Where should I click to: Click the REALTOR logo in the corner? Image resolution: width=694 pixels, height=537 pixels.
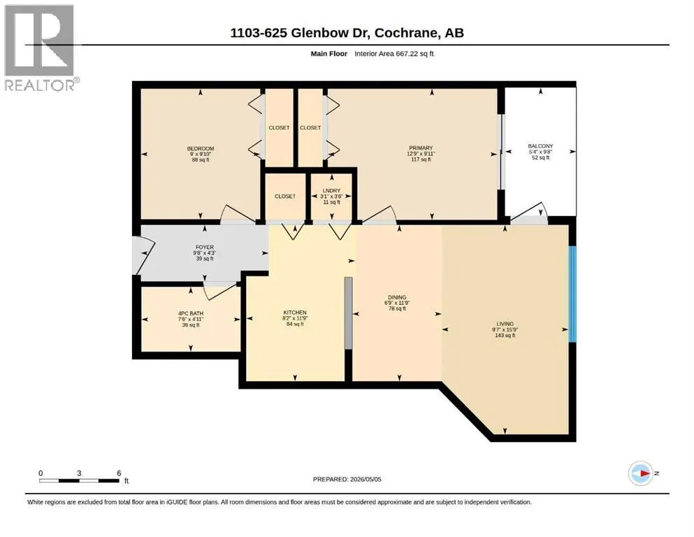(x=41, y=48)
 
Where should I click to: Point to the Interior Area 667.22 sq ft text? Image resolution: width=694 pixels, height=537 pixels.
(x=394, y=54)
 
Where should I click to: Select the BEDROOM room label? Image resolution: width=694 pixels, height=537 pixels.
(x=201, y=148)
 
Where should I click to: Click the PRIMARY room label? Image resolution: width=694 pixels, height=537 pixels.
(x=421, y=148)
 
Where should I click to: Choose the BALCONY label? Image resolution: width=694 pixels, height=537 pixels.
(x=540, y=146)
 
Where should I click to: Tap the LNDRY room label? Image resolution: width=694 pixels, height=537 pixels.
(x=331, y=190)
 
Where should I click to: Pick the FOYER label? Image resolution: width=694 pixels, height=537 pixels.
(x=205, y=247)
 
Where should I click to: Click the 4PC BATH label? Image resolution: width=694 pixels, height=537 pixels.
(x=191, y=313)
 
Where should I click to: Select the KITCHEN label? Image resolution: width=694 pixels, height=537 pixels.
(x=295, y=313)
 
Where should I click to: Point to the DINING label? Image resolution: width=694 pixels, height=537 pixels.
(x=397, y=297)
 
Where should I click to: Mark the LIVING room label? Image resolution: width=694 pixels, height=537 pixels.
(x=505, y=324)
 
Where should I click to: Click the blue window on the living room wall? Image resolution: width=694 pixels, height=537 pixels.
(x=572, y=294)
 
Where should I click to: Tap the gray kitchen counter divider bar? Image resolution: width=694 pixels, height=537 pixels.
(x=348, y=313)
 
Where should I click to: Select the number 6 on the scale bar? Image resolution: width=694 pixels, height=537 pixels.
(x=119, y=473)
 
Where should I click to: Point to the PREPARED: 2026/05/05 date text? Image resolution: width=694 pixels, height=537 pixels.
(x=347, y=479)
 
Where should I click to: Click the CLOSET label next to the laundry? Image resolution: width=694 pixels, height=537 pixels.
(x=285, y=196)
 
